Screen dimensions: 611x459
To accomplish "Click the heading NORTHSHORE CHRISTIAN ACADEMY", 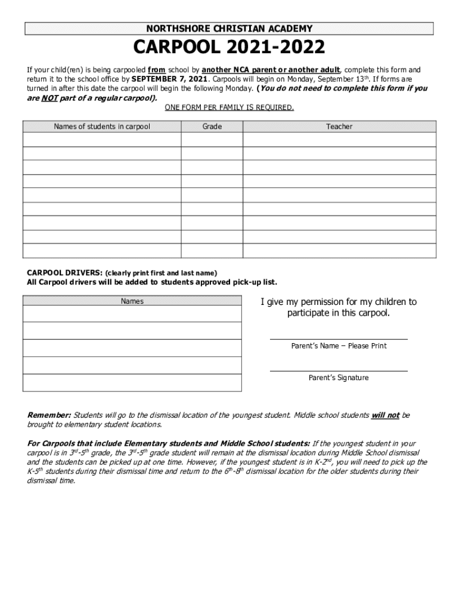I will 229,29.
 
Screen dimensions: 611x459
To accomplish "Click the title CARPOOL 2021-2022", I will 229,48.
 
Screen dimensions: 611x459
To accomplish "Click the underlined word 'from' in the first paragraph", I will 157,70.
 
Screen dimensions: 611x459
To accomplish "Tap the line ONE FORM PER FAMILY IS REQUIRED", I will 229,107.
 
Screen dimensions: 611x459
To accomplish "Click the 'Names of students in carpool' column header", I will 102,126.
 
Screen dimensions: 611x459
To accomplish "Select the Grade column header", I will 212,126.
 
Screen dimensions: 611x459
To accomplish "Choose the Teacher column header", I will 339,126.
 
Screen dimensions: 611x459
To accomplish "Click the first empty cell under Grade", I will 212,140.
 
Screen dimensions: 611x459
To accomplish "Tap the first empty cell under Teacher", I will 339,140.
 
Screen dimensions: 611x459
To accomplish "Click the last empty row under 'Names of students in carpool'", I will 102,251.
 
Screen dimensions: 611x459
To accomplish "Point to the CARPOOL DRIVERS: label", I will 65,273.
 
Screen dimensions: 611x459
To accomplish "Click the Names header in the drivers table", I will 132,301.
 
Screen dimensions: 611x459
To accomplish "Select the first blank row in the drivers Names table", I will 132,314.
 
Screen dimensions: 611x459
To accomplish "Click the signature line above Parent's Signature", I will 339,371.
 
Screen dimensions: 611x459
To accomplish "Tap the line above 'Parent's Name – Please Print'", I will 339,338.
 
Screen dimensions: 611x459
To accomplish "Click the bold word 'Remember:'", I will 49,415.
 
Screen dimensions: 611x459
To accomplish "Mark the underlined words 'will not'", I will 385,415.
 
